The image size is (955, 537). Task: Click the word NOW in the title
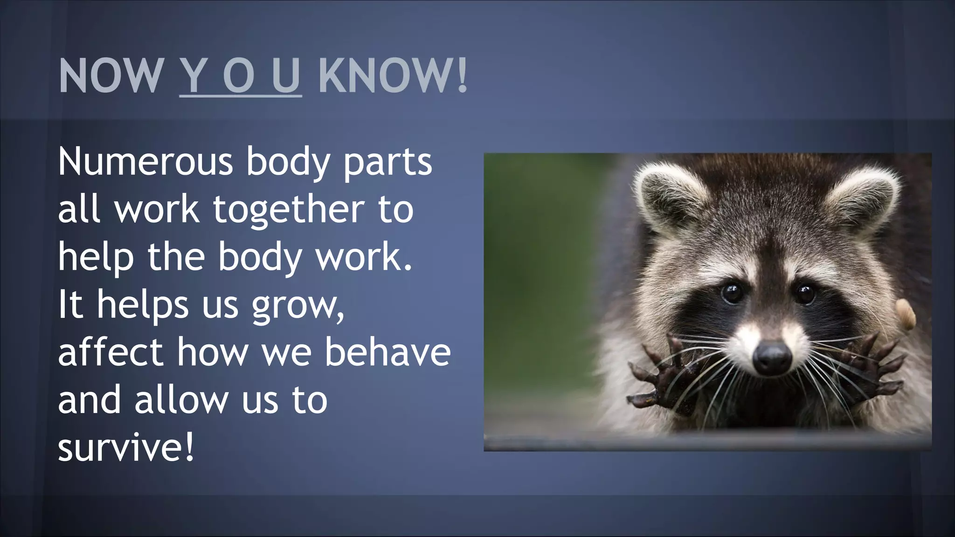pyautogui.click(x=110, y=76)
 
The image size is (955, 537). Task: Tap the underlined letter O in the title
pyautogui.click(x=238, y=76)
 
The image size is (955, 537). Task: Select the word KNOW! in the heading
pyautogui.click(x=393, y=76)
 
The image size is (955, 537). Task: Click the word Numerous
pyautogui.click(x=145, y=161)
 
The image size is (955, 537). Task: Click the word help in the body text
pyautogui.click(x=96, y=258)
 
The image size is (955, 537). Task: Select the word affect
pyautogui.click(x=110, y=352)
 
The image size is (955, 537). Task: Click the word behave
pyautogui.click(x=388, y=352)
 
